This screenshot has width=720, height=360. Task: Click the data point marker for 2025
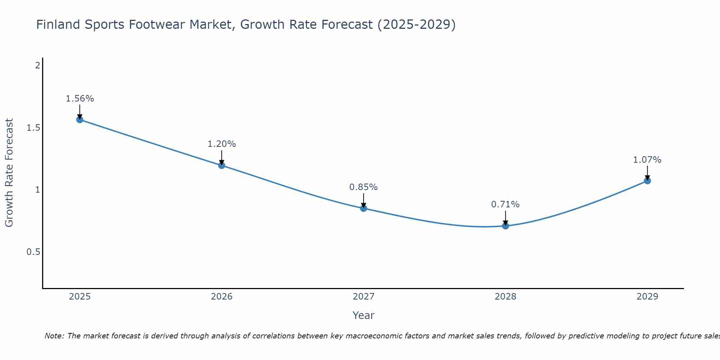pyautogui.click(x=80, y=120)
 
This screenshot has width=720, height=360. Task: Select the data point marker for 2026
pyautogui.click(x=222, y=165)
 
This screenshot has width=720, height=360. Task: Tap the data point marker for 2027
pyautogui.click(x=364, y=208)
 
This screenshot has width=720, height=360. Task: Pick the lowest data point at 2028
pyautogui.click(x=505, y=226)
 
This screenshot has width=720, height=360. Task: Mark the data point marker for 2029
pyautogui.click(x=647, y=181)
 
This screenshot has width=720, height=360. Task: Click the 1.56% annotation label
pyautogui.click(x=80, y=99)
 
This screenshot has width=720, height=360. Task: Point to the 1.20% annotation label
pyautogui.click(x=222, y=144)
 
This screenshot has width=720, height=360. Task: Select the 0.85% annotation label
pyautogui.click(x=364, y=187)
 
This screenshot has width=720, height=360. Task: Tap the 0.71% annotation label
pyautogui.click(x=505, y=204)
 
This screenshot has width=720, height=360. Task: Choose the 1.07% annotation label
pyautogui.click(x=647, y=160)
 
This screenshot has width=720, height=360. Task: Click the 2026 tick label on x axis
pyautogui.click(x=222, y=297)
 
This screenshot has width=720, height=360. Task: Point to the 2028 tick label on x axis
pyautogui.click(x=505, y=297)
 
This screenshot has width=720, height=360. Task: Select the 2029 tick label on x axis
pyautogui.click(x=647, y=297)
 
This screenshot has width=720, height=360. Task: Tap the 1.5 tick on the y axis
pyautogui.click(x=33, y=128)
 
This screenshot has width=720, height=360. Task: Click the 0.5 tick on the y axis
pyautogui.click(x=33, y=252)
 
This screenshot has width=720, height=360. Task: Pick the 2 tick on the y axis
pyautogui.click(x=37, y=66)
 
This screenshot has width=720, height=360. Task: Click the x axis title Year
pyautogui.click(x=364, y=315)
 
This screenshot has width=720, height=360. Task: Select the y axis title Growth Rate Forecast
pyautogui.click(x=9, y=173)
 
